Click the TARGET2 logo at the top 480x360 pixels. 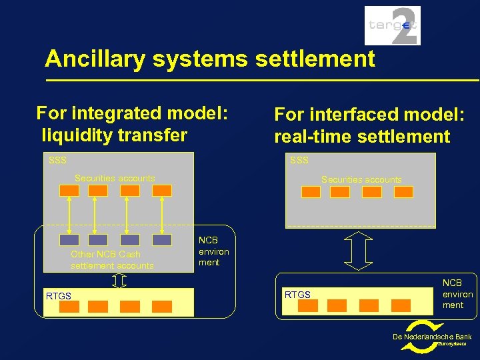click(x=392, y=26)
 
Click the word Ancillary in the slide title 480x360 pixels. click(x=95, y=59)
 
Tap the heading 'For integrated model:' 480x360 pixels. click(x=132, y=113)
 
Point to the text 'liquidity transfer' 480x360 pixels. click(x=114, y=135)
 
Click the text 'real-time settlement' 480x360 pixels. click(x=362, y=137)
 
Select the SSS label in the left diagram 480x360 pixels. click(x=58, y=161)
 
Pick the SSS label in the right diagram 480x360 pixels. click(x=299, y=161)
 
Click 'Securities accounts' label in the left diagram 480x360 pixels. click(x=115, y=179)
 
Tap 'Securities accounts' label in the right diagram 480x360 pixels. click(x=361, y=179)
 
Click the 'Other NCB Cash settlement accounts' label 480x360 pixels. click(x=112, y=260)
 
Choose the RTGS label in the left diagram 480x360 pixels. click(x=58, y=296)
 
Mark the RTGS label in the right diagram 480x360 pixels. click(x=297, y=294)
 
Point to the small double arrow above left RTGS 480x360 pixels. click(x=119, y=281)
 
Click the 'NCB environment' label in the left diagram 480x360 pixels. click(x=213, y=251)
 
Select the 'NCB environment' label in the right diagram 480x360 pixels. click(x=457, y=294)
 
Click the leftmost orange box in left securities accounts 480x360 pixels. click(x=69, y=191)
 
